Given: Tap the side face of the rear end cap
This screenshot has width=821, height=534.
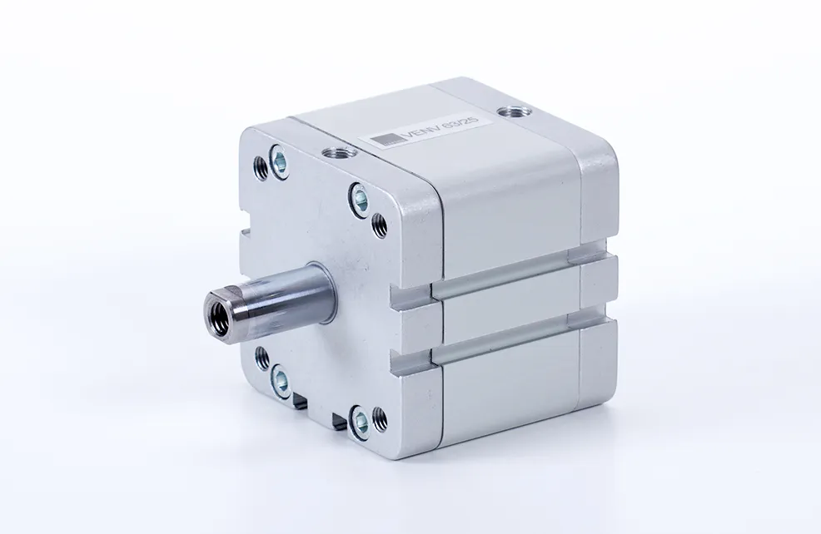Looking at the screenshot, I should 600,283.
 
